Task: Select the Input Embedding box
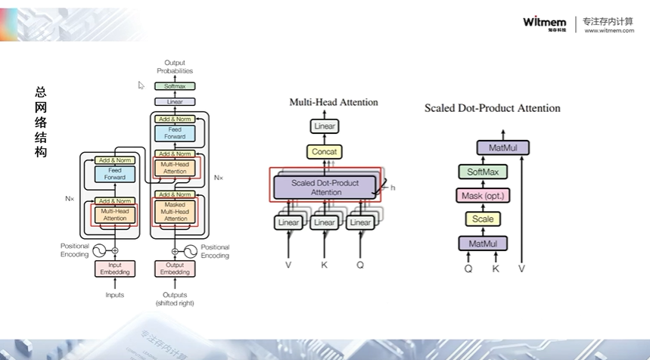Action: tap(115, 268)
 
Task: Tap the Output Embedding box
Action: tap(175, 268)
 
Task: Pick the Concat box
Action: tap(324, 152)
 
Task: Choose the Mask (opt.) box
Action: tap(483, 196)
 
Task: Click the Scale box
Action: tap(483, 219)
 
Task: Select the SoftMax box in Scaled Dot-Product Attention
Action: tap(483, 172)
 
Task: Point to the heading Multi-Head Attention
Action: tap(334, 102)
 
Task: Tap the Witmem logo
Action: tap(544, 23)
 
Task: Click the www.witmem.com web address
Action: tap(609, 31)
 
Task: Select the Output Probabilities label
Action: tap(175, 67)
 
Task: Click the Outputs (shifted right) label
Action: tap(175, 299)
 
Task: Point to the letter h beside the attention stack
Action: tap(393, 188)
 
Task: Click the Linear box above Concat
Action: tap(324, 126)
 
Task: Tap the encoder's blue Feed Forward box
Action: tap(115, 175)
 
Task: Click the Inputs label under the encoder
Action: tap(115, 295)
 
